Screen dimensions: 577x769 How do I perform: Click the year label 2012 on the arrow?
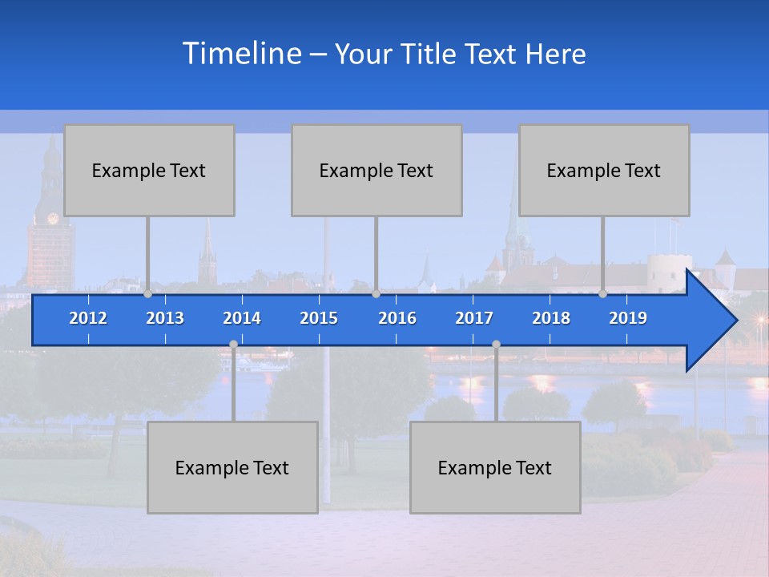point(88,318)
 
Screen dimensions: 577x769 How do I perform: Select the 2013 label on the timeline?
point(165,318)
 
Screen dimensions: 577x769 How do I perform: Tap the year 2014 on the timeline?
point(242,318)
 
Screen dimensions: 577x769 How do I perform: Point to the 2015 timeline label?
point(319,318)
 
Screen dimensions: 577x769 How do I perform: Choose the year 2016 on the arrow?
point(397,318)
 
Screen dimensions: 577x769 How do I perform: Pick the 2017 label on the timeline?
point(474,318)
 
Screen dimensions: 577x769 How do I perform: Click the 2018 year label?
point(551,318)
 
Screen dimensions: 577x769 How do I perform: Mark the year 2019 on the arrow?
point(628,318)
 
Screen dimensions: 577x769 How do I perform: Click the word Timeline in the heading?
point(241,54)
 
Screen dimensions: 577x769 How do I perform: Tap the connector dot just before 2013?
point(147,294)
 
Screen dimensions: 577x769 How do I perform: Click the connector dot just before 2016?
point(376,294)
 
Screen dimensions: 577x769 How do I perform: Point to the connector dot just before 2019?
point(602,294)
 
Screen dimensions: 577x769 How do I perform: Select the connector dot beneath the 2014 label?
point(233,344)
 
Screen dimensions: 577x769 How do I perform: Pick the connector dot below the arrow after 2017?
point(496,344)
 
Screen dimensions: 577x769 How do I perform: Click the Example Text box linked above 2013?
point(149,170)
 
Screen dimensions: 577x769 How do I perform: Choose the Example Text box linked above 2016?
point(376,170)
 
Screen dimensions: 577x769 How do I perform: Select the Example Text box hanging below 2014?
point(232,467)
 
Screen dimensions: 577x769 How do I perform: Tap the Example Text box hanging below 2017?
point(495,467)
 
